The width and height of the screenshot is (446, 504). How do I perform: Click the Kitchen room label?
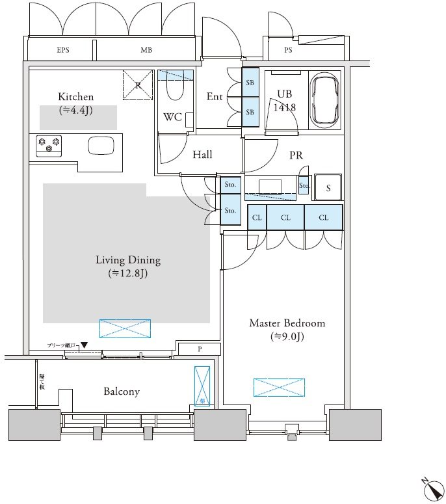click(75, 97)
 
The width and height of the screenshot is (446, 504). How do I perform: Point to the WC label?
click(172, 118)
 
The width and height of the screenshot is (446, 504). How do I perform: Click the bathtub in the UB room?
click(324, 102)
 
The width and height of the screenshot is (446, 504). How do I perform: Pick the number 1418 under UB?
click(285, 107)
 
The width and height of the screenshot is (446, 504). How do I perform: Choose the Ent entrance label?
click(215, 97)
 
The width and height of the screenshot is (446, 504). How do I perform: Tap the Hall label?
click(202, 155)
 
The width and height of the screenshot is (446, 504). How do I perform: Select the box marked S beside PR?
click(328, 187)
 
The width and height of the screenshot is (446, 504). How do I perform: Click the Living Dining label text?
click(128, 260)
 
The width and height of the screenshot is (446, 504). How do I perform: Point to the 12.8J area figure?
click(128, 274)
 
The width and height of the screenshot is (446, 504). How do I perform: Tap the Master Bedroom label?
click(287, 323)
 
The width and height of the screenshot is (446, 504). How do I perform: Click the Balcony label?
click(122, 391)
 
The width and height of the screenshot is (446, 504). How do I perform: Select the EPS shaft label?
click(63, 50)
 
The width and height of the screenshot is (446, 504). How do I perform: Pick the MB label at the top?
click(146, 50)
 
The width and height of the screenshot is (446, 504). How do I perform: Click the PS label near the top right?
click(287, 50)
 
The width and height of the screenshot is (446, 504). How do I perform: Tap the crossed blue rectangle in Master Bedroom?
click(278, 387)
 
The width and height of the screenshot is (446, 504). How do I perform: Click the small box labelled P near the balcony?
click(200, 349)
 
